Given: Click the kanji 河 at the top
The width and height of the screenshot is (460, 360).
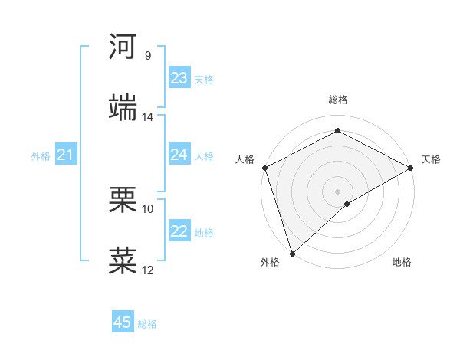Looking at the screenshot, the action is (x=123, y=47).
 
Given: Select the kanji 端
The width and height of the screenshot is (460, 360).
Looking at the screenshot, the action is (x=123, y=107).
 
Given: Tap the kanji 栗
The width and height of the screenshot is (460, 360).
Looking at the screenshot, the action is (x=123, y=201).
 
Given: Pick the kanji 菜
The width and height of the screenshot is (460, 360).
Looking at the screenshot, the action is (x=123, y=261).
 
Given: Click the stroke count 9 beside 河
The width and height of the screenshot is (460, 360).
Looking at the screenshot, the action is (x=147, y=56).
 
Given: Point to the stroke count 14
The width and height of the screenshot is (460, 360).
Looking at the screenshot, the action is (x=147, y=117).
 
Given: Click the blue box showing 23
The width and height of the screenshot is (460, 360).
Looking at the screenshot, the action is (x=179, y=78).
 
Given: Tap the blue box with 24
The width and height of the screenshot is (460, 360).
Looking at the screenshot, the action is (x=179, y=155).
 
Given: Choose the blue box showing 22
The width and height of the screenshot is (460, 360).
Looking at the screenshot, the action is (x=179, y=231).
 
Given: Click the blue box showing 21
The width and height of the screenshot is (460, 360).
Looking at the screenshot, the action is (x=65, y=155).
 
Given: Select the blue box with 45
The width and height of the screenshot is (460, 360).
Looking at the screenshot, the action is (x=123, y=322).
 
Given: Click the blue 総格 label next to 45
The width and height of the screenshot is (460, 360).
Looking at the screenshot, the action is (x=147, y=324).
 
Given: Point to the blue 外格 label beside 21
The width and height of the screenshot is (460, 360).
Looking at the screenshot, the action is (x=41, y=156).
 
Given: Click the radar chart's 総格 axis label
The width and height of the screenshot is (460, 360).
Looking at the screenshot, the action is (x=337, y=100).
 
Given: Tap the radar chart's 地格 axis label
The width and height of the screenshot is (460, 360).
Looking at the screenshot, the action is (x=402, y=263).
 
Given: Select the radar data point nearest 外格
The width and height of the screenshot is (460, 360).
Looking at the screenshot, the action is (x=292, y=253).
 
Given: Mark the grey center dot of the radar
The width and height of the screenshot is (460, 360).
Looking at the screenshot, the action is (x=337, y=191).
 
